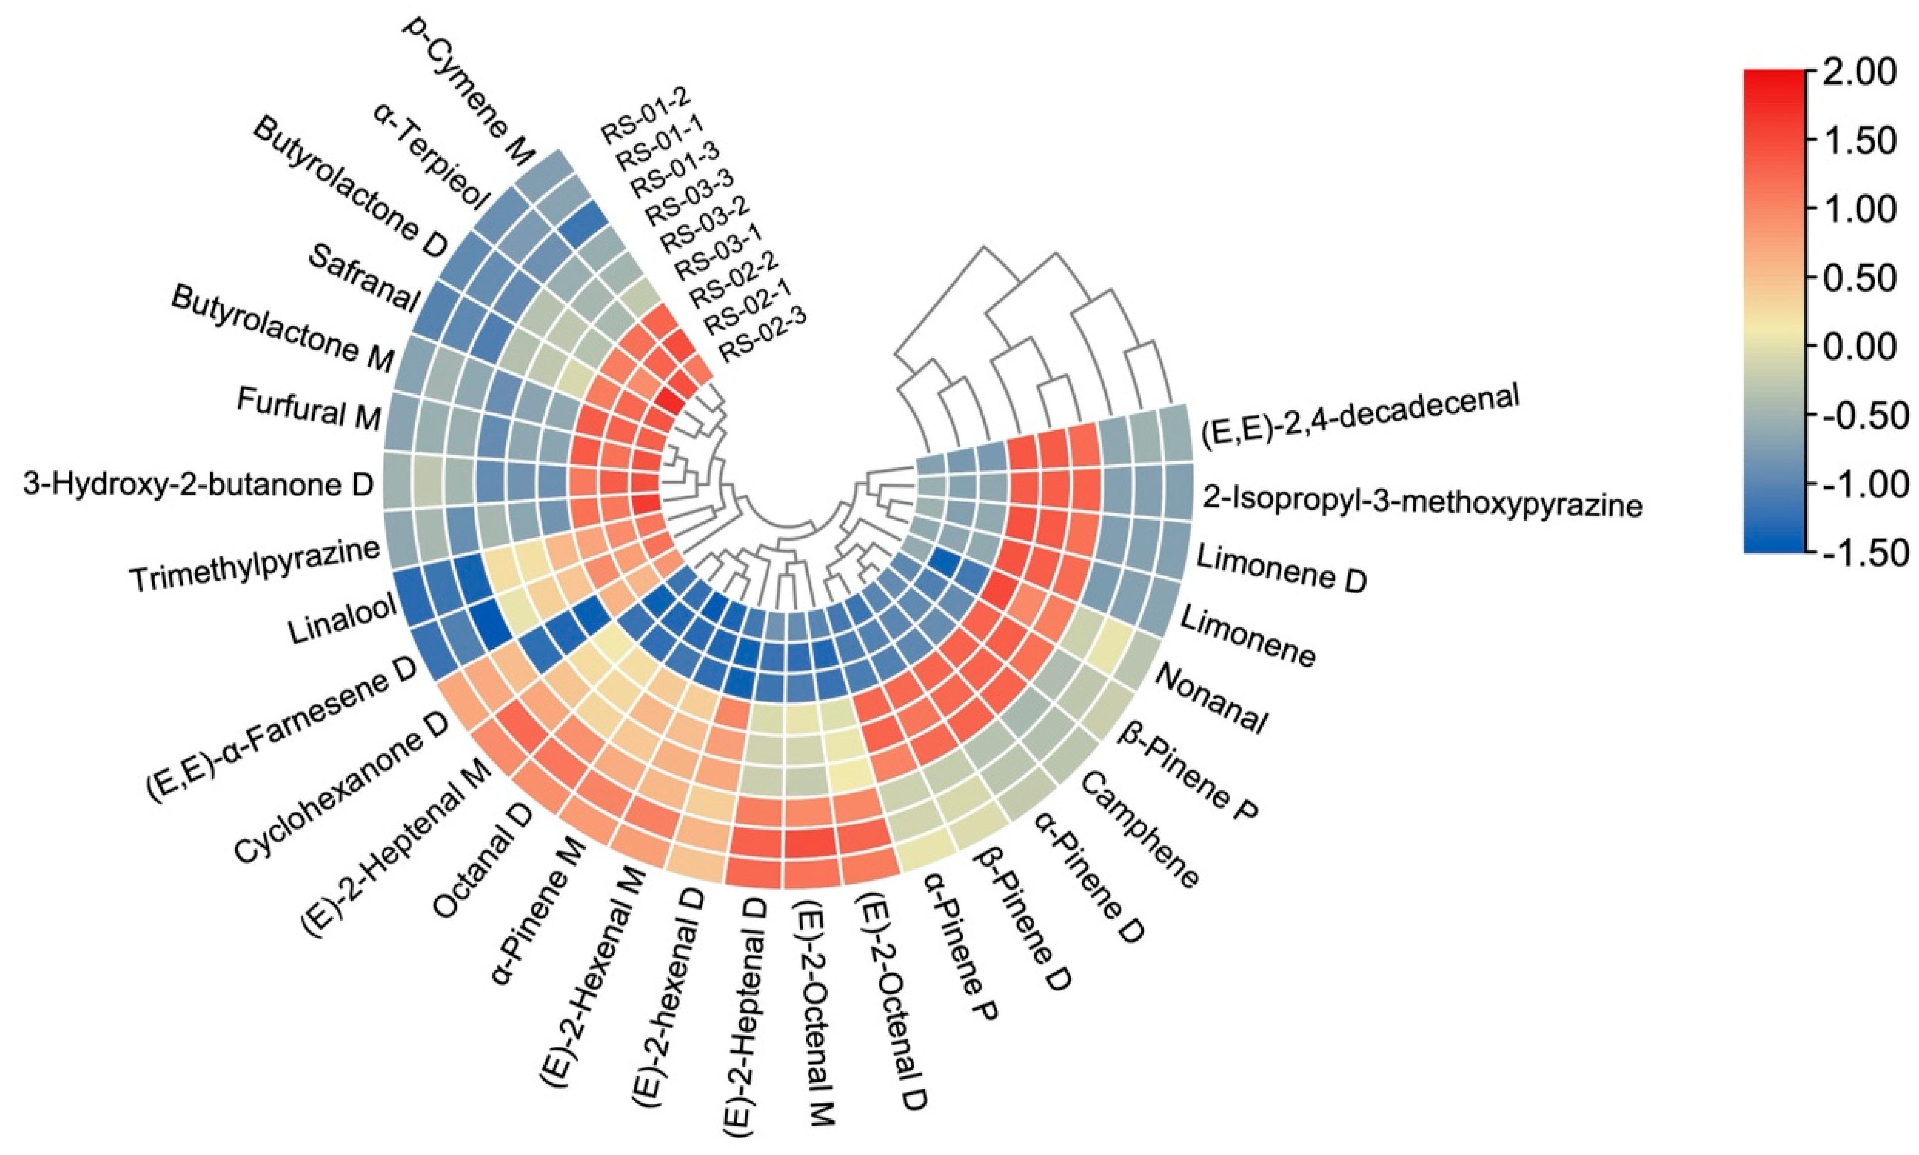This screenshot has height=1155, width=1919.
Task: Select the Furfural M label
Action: pos(308,408)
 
